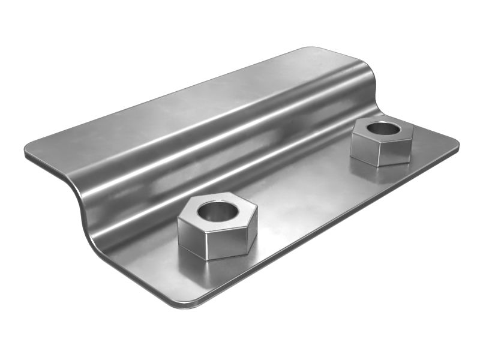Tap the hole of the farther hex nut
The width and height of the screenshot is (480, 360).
click(x=381, y=128)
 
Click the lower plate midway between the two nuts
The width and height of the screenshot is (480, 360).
click(x=300, y=192)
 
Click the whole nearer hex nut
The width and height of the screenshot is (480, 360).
click(x=217, y=227)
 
